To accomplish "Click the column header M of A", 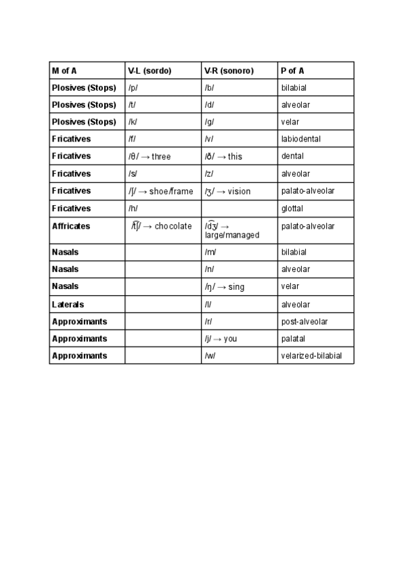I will [64, 70].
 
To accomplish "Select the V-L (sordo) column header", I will [150, 70].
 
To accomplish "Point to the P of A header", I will [292, 70].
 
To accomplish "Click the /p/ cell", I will [133, 87].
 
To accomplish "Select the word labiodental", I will [301, 139].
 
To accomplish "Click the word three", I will [161, 156].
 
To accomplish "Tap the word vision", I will [239, 192].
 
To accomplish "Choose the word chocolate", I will [173, 226].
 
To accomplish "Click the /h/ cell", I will [133, 208].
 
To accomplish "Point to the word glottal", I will [292, 208].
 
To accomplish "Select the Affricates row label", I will [71, 226].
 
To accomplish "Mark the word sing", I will [236, 287].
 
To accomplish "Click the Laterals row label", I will [68, 305].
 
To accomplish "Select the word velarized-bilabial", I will [311, 355].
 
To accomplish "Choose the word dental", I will [292, 156].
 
